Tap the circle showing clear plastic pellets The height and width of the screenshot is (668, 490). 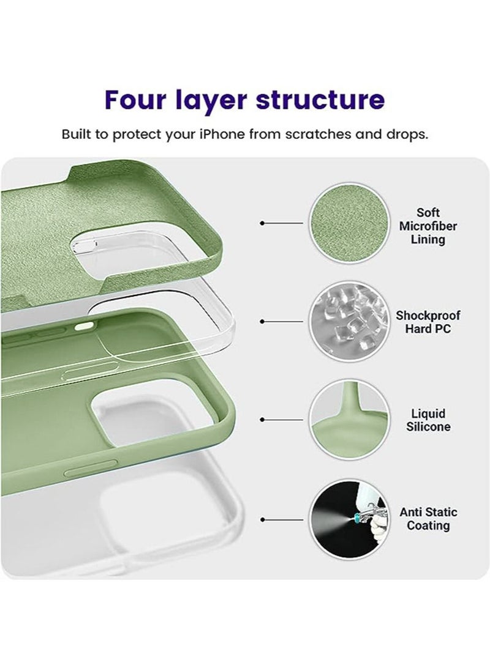pos(347,322)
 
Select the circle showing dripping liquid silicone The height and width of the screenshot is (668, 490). pos(347,420)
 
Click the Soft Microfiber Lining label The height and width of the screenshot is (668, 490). pos(428,226)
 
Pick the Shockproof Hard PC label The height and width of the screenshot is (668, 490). pos(428,322)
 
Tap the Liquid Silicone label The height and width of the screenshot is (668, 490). pos(428,420)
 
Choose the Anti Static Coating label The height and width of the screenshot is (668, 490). pos(428,518)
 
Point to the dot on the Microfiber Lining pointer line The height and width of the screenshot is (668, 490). pos(263,224)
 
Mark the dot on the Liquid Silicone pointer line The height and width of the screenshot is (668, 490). pos(263,420)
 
